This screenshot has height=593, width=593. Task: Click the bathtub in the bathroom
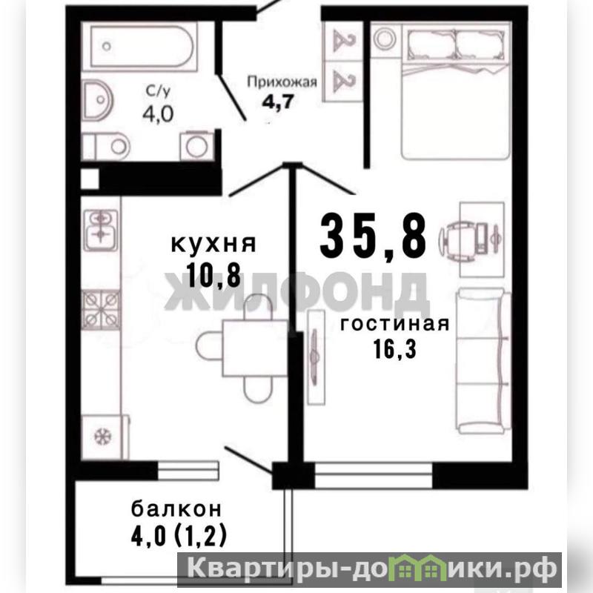139,47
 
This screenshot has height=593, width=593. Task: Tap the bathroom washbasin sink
97,100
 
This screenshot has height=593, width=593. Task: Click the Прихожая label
282,82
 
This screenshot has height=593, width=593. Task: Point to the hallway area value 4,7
278,102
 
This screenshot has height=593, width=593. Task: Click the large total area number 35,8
374,235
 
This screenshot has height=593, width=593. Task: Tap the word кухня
213,244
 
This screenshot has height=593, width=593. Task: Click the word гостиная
395,325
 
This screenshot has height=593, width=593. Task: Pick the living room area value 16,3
395,348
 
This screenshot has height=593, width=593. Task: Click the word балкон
176,509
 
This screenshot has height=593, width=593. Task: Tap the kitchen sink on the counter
101,230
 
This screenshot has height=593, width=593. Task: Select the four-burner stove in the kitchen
101,310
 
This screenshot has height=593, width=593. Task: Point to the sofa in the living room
483,361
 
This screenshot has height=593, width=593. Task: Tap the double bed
457,91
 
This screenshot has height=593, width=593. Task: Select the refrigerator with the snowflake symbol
105,437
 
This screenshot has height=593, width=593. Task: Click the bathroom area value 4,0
158,113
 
